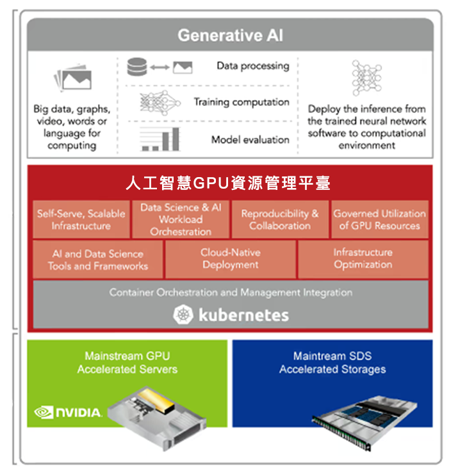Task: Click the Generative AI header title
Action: [230, 35]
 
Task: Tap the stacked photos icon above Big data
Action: [72, 79]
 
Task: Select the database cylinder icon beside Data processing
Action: [137, 66]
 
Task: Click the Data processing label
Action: [252, 65]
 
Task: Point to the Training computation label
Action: [242, 102]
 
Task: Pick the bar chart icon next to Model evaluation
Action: [160, 140]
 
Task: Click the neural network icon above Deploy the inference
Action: [366, 78]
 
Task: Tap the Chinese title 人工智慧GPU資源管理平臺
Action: [228, 184]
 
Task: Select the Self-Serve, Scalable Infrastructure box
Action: [81, 219]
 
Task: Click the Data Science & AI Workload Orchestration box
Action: [181, 219]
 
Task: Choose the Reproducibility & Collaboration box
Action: [279, 219]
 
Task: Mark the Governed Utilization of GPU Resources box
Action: [379, 219]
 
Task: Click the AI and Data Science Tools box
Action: [97, 259]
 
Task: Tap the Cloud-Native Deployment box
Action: [229, 259]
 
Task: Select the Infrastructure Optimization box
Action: [363, 259]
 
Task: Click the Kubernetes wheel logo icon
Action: [183, 314]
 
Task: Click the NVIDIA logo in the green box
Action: [68, 412]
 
